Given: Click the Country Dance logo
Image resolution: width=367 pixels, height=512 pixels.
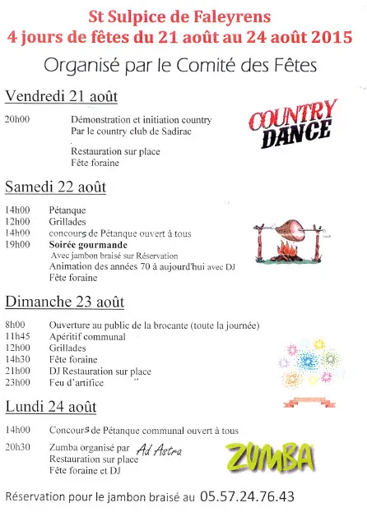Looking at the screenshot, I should point(293,124).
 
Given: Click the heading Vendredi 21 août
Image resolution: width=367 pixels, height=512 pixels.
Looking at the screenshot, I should point(61,97).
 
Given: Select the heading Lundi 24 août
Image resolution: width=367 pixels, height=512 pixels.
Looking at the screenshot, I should point(51,407).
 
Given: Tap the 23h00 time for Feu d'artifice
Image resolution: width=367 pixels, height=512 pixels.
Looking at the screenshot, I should point(17,381).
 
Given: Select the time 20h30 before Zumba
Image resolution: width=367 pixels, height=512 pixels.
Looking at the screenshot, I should point(17,448).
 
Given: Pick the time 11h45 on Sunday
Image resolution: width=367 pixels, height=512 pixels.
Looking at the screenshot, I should point(17,336).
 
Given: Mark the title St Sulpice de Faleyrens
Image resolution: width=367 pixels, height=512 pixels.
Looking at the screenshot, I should point(181,16).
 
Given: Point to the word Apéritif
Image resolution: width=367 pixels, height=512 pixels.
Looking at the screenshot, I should point(68,336).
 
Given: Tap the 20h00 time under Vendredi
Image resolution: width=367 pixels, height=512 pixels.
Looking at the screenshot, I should point(17,120).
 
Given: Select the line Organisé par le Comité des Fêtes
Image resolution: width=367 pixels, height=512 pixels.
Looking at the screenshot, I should point(181,66).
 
